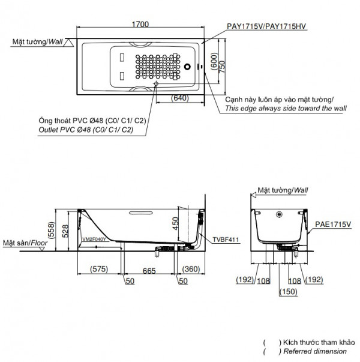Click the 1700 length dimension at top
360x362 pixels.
click(140, 24)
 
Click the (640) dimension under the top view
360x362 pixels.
click(179, 97)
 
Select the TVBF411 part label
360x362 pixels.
click(226, 240)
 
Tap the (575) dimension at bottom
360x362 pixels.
click(100, 269)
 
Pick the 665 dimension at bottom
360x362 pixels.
click(150, 269)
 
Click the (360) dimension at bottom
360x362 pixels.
click(191, 269)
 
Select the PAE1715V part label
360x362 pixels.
click(334, 224)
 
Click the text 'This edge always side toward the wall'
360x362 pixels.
click(286, 109)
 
